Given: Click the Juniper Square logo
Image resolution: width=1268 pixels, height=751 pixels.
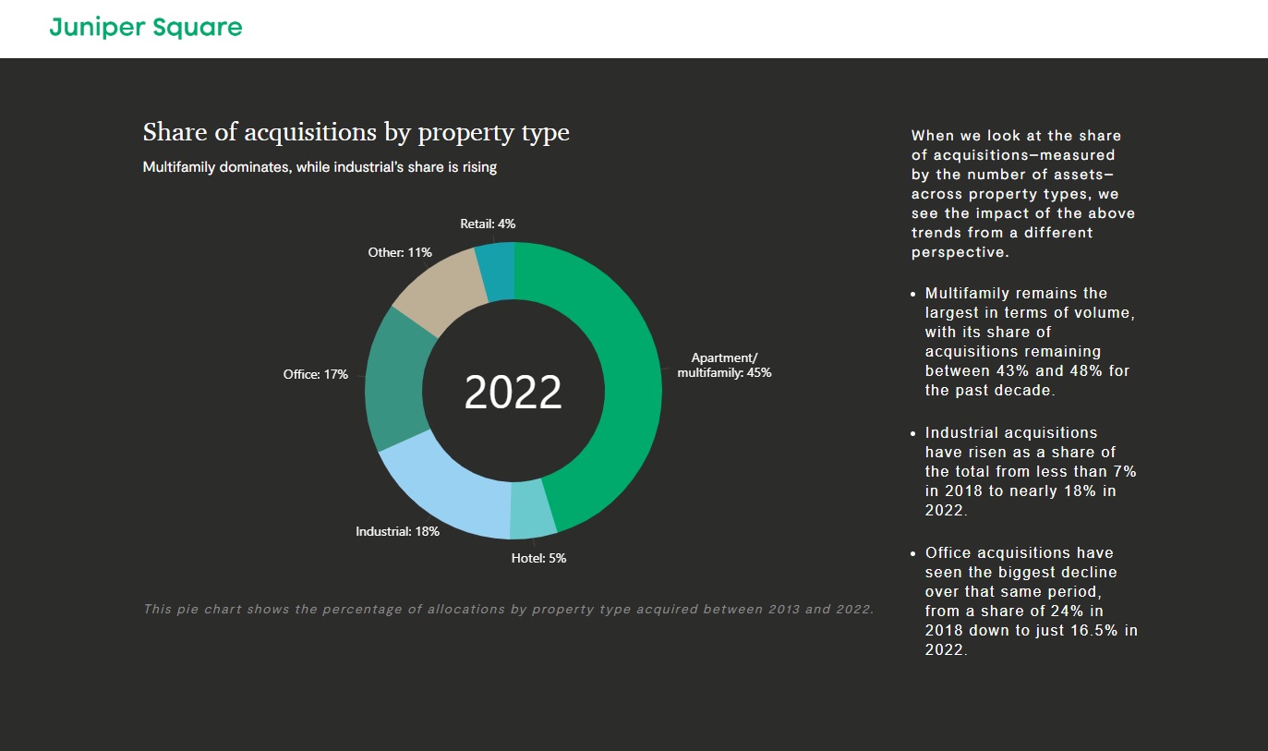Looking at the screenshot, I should click(x=146, y=28).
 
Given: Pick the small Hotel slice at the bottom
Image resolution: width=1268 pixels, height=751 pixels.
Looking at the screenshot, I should click(x=533, y=508).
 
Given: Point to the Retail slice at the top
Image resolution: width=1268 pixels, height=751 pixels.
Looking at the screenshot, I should click(x=496, y=270).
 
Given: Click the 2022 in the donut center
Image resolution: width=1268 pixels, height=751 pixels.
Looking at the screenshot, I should click(x=513, y=392).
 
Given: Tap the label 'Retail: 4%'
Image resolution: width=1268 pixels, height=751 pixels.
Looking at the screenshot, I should click(x=488, y=224).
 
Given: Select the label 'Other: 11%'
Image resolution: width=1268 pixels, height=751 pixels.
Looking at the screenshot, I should click(x=400, y=252).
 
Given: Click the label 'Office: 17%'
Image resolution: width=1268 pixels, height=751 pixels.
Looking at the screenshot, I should click(x=315, y=374).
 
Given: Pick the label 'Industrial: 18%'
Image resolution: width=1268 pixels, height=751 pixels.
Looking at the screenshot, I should click(x=397, y=531).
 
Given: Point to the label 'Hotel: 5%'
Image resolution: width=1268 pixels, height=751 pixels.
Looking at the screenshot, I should click(x=538, y=558).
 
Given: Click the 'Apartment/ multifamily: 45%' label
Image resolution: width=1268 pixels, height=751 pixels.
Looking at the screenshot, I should click(x=724, y=366).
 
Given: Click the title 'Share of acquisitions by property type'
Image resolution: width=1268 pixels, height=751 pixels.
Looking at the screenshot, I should click(x=356, y=132).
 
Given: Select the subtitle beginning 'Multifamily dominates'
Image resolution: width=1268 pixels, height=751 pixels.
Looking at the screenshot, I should click(x=320, y=167).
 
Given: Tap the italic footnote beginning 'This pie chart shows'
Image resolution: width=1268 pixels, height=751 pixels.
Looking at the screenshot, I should click(x=508, y=609).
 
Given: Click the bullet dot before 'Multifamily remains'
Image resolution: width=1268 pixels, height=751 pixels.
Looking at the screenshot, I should click(x=913, y=294).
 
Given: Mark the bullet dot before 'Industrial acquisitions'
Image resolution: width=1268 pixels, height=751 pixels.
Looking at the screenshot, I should click(x=913, y=433).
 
